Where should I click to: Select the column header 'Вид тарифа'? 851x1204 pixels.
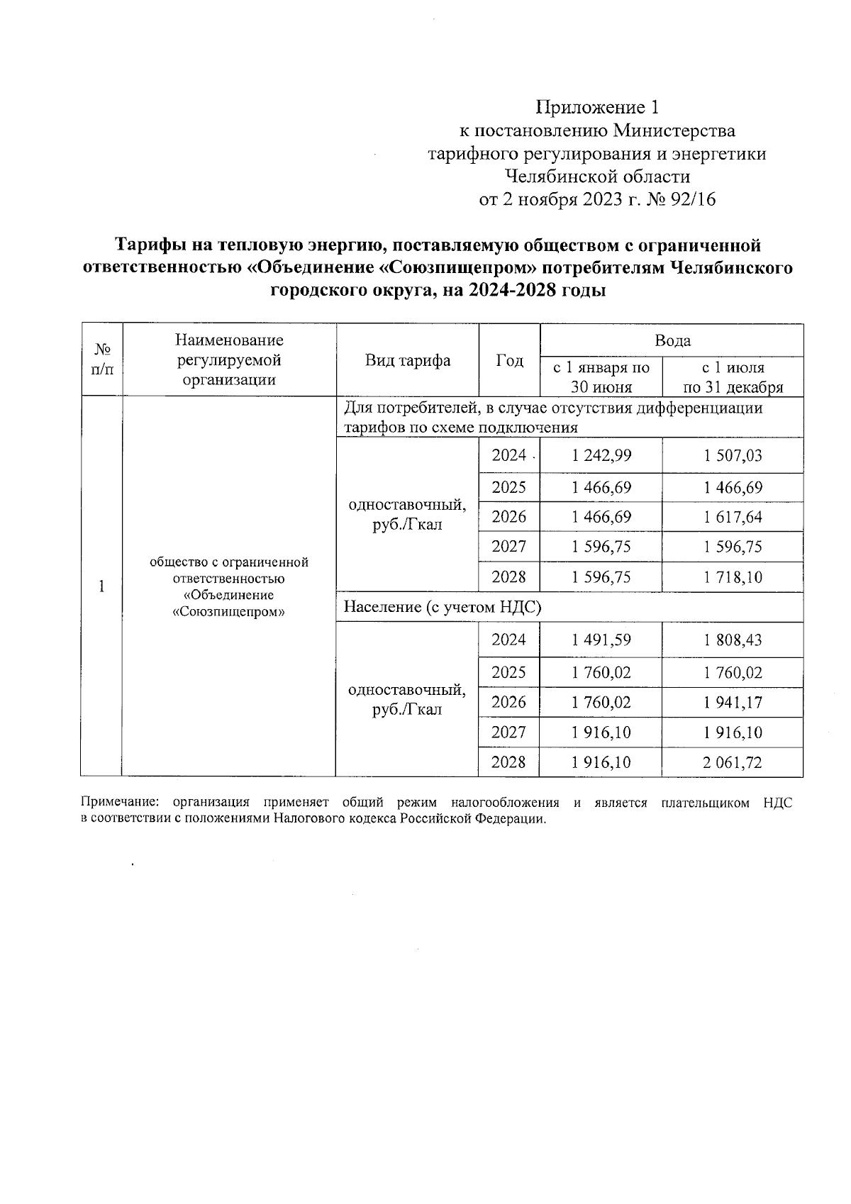point(407,360)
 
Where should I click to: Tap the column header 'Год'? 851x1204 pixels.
point(509,360)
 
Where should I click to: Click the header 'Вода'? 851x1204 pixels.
point(672,341)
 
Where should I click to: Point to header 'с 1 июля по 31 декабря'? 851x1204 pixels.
point(733,377)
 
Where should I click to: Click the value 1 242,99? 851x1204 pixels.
point(601,456)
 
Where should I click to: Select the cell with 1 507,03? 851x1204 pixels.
point(733,456)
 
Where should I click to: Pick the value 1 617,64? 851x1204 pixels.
point(733,518)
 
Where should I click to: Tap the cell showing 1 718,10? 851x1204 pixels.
point(733,577)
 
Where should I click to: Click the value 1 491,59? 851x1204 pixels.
point(601,640)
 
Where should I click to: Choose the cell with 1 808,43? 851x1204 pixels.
point(733,640)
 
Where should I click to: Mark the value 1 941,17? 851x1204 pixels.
point(733,703)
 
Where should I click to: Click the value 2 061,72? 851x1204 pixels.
point(733,762)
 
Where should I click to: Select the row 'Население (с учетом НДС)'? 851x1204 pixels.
point(443,607)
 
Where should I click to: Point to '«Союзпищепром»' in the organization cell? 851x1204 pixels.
point(228,611)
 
